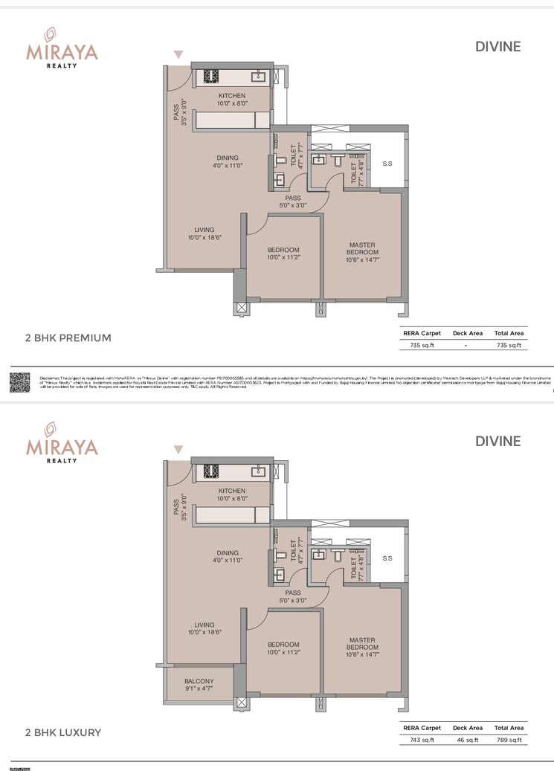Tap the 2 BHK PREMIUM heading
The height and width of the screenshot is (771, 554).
pos(68,338)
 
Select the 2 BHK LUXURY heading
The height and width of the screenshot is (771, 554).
pos(63,732)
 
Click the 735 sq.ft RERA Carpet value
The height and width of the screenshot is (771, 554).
pos(422,345)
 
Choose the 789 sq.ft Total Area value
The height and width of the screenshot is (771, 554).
pos(509,740)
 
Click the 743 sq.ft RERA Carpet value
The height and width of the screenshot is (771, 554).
pos(422,740)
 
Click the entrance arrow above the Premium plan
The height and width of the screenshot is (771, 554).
pos(178,54)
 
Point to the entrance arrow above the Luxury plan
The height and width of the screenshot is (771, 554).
pos(178,449)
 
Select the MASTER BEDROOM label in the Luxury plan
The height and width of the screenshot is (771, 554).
pos(362,644)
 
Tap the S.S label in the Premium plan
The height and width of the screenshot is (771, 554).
pos(387,164)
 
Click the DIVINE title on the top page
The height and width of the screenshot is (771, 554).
pos(497,46)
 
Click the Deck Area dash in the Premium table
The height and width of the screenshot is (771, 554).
pos(466,345)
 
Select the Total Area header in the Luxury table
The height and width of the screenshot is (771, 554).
pos(509,728)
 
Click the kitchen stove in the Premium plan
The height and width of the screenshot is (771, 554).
pos(209,76)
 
